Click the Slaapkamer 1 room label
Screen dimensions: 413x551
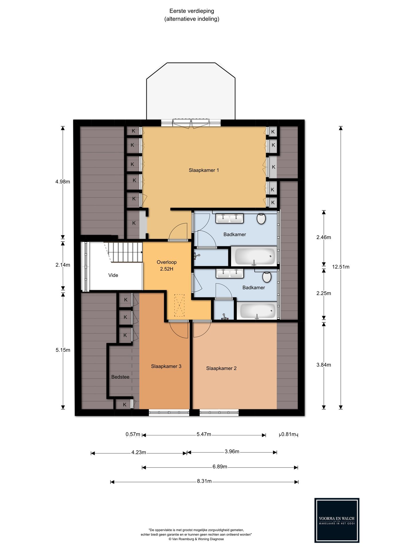(204, 170)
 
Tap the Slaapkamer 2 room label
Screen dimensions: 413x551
(221, 368)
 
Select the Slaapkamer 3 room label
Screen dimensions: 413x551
(166, 366)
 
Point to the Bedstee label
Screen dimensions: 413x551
(120, 377)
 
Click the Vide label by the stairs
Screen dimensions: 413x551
(113, 275)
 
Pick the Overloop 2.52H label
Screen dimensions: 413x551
(167, 265)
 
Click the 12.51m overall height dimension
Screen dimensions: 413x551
(341, 267)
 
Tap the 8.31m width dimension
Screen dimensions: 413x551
(204, 481)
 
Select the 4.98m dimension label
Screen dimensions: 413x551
(63, 182)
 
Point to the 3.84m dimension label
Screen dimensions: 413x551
(324, 365)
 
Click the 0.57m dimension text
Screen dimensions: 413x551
(133, 434)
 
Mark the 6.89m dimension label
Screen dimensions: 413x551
(220, 467)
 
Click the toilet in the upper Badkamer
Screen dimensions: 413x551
(261, 218)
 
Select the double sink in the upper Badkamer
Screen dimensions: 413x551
(230, 218)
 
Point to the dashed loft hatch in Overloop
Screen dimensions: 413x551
(180, 305)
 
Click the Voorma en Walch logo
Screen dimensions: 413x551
(337, 520)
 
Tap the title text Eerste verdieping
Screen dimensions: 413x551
(192, 11)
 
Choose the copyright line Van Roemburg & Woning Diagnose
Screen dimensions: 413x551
(196, 539)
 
